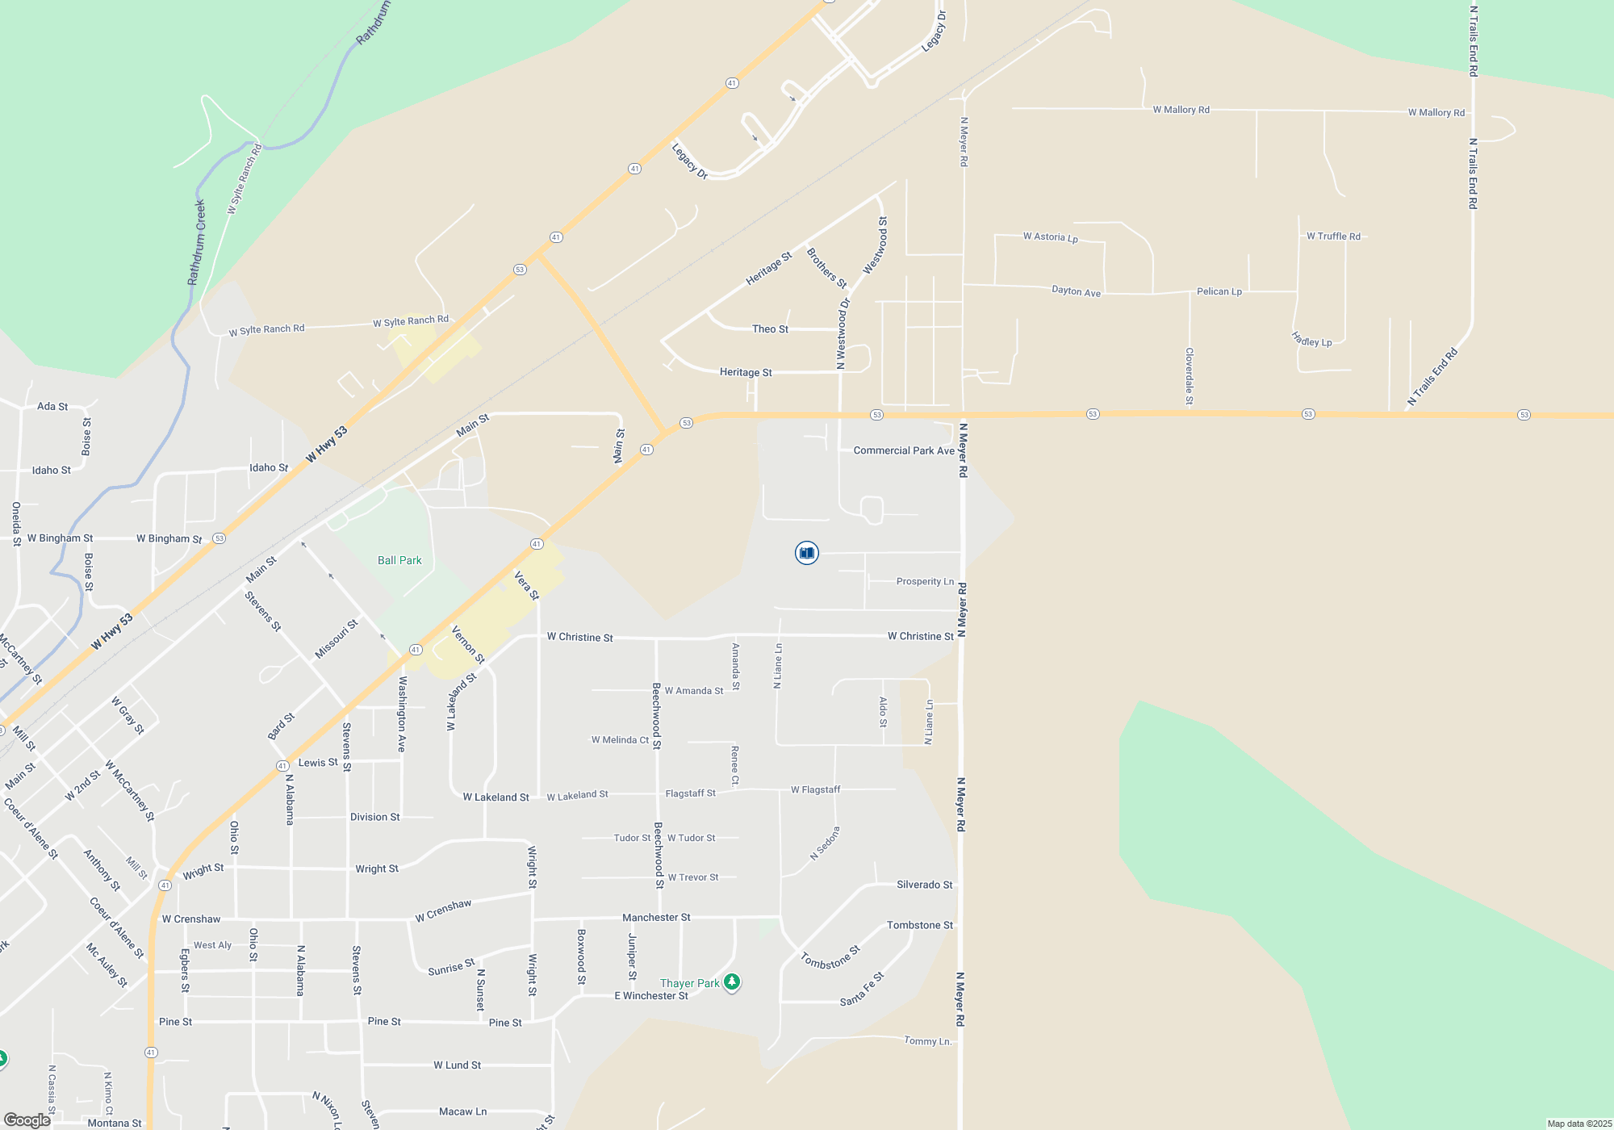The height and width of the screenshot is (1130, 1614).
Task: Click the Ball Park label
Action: [x=399, y=560]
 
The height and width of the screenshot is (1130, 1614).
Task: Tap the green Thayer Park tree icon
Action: [x=732, y=982]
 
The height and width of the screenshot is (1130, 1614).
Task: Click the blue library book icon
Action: [x=806, y=553]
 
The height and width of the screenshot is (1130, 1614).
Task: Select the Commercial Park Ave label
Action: [x=904, y=450]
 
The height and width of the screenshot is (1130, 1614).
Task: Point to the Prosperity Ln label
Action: [x=925, y=581]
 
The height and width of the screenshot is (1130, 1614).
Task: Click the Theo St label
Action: [x=770, y=329]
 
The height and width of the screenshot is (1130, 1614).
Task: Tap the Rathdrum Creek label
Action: [x=197, y=242]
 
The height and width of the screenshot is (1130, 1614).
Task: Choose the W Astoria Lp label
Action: [x=1050, y=237]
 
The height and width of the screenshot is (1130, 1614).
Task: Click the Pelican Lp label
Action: [x=1219, y=291]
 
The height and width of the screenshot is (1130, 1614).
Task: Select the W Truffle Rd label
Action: [x=1333, y=236]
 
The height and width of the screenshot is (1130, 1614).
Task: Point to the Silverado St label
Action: [x=924, y=885]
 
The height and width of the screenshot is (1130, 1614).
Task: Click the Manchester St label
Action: [x=656, y=918]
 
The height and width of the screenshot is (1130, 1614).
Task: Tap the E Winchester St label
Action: [x=651, y=996]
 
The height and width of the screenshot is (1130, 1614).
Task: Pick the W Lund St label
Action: [x=457, y=1065]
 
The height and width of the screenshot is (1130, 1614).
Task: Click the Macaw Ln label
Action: [x=462, y=1111]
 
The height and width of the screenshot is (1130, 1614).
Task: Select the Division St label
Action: [x=374, y=817]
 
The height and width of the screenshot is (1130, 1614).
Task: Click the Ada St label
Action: [x=52, y=406]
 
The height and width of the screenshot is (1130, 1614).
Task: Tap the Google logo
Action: [x=27, y=1120]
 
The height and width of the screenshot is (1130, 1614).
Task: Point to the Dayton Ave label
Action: [x=1076, y=291]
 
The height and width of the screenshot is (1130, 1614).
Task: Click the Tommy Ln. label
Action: [x=927, y=1041]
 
